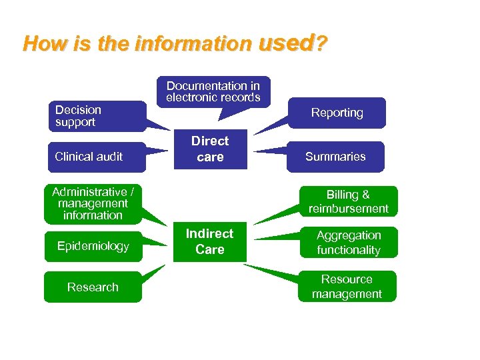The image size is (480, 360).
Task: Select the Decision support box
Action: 97,116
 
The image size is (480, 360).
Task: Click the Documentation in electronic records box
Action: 213,92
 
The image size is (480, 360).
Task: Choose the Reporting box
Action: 337,113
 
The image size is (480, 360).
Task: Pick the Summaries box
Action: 335,157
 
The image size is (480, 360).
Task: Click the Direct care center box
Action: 210,149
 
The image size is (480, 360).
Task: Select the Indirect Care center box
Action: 209,241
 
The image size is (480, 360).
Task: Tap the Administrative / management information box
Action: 93,203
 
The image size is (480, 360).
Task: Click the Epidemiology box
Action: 93,246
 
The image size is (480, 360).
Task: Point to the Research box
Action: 93,287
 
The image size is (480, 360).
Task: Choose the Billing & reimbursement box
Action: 348,201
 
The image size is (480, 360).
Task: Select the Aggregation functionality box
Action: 348,243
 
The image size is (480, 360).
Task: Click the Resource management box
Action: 347,286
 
